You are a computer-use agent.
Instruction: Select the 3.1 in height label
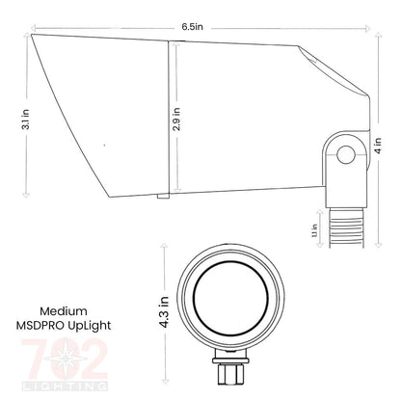(x=11, y=116)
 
